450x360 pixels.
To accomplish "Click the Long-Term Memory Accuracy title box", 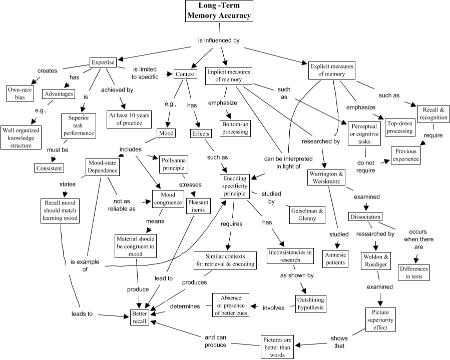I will (x=219, y=11).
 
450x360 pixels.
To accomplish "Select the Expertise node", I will (x=103, y=62).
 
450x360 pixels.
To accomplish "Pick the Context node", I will (x=185, y=74).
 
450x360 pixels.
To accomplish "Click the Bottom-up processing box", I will (x=235, y=127).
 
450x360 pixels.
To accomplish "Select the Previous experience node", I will (x=406, y=155).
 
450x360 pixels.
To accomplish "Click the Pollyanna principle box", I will (x=173, y=164).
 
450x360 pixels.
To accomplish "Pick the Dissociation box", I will (x=365, y=216).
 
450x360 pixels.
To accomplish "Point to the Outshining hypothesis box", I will (x=310, y=303).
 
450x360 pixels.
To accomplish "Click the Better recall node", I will (x=140, y=317).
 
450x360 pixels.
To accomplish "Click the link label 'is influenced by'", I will (x=219, y=40).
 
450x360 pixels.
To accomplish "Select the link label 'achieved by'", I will (x=117, y=89).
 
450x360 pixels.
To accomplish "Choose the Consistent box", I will (x=49, y=168).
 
